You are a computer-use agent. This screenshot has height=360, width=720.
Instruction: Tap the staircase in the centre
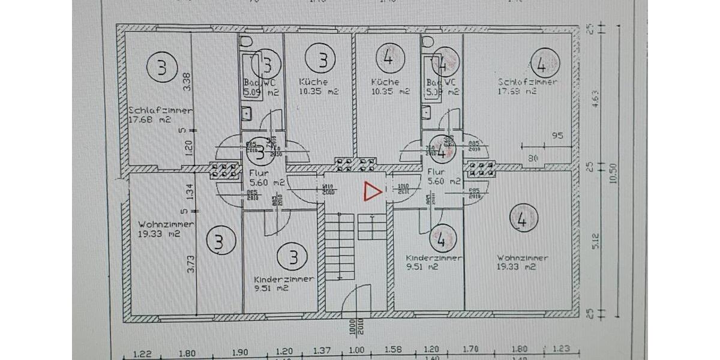click(340, 246)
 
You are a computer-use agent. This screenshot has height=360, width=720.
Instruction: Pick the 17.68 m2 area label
click(149, 119)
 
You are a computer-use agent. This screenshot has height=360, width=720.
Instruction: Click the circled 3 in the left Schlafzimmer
click(161, 67)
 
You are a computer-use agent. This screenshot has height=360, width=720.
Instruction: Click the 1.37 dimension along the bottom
click(322, 350)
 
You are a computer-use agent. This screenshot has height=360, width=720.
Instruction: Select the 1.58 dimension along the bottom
click(392, 350)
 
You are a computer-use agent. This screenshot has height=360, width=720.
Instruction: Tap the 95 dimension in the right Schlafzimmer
click(557, 136)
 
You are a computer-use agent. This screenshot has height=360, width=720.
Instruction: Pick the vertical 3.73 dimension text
click(191, 264)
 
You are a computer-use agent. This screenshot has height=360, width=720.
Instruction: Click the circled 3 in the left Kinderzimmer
click(293, 257)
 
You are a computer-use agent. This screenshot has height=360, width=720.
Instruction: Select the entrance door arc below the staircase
click(358, 298)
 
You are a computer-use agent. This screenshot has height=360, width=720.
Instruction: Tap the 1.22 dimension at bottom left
click(142, 353)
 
